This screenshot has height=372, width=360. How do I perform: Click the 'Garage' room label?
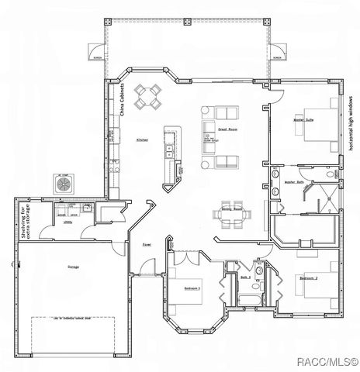73,267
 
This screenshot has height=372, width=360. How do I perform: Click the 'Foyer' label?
145,247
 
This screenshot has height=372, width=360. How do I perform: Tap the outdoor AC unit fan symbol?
62,182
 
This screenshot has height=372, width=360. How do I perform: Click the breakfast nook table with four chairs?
148,96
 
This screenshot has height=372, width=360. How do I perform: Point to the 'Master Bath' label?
294,183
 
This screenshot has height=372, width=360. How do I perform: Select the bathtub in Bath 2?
248,298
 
